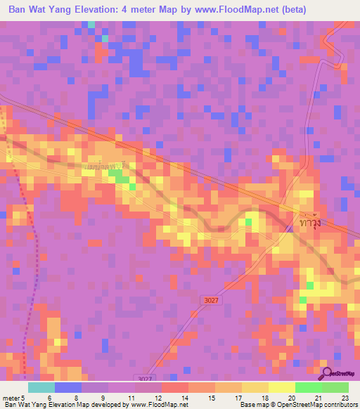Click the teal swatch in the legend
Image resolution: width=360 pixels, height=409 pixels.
(x=41, y=387)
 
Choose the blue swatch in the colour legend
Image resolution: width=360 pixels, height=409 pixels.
(x=67, y=387)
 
